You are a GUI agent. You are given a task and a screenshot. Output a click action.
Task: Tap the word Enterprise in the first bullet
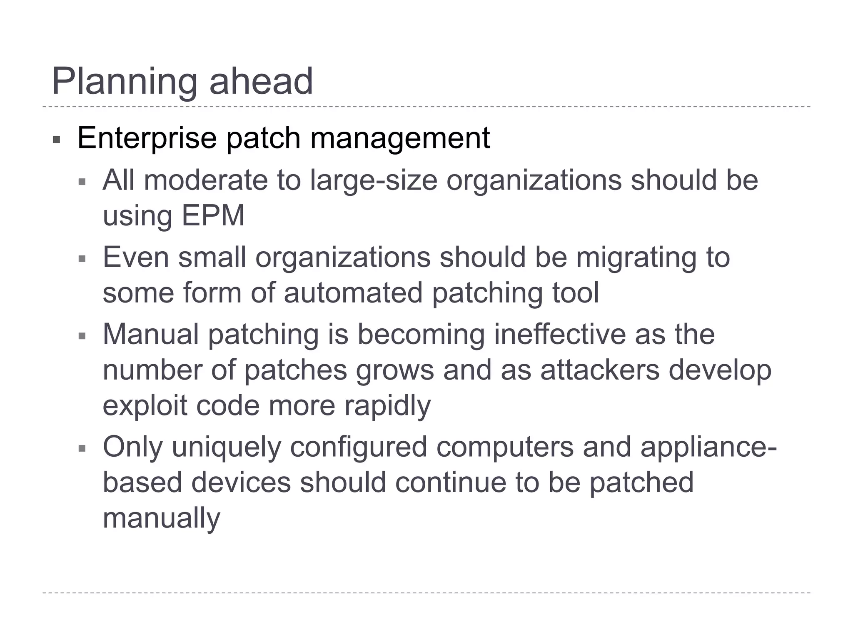tap(147, 138)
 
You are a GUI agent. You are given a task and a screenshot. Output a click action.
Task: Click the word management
tap(400, 138)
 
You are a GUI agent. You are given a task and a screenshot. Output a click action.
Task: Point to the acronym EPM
tap(213, 216)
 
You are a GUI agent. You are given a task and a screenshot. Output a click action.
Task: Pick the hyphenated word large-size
tap(374, 180)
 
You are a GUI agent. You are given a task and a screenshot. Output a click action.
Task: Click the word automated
tap(353, 292)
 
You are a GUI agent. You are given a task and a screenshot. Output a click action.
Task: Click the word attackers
tap(600, 370)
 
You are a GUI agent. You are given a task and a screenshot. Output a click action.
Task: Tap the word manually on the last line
tap(161, 518)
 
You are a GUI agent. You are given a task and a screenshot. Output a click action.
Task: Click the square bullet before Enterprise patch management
tap(57, 140)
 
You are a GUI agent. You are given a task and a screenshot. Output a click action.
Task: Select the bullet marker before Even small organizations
tap(82, 259)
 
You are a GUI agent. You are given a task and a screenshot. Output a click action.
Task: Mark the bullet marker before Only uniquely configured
tap(82, 449)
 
